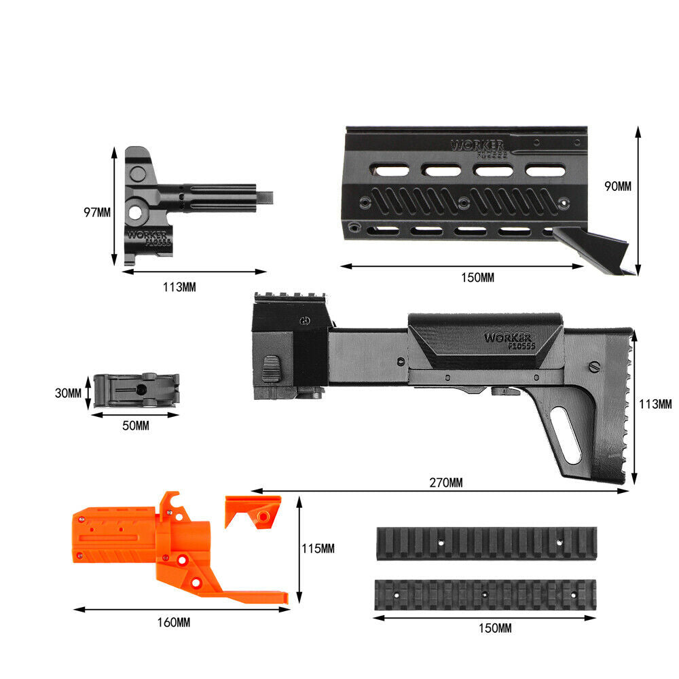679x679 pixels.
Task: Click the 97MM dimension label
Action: click(97, 213)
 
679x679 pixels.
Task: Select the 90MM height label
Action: click(618, 186)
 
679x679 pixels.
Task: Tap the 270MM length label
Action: click(446, 482)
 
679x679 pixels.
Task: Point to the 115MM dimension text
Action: click(318, 549)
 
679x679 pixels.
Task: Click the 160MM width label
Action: click(174, 622)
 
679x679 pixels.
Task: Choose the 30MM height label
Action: click(68, 392)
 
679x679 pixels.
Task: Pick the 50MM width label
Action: click(136, 426)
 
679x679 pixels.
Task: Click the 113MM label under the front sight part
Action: click(179, 287)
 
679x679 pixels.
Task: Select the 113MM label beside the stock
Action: click(656, 404)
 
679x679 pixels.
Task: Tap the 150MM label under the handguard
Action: click(477, 277)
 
